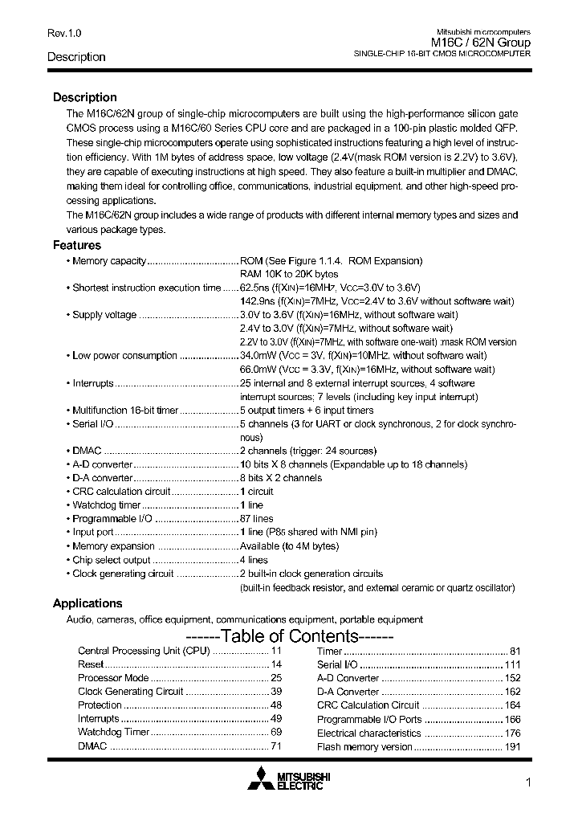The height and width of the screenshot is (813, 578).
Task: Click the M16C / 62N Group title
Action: pyautogui.click(x=481, y=43)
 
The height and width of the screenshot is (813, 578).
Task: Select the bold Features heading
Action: pyautogui.click(x=77, y=245)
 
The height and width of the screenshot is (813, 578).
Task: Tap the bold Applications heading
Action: pyautogui.click(x=88, y=603)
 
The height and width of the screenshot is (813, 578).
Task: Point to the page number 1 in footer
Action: pyautogui.click(x=527, y=783)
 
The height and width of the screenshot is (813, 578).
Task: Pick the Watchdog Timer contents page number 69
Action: pyautogui.click(x=275, y=733)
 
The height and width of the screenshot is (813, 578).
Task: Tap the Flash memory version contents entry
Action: pyautogui.click(x=364, y=746)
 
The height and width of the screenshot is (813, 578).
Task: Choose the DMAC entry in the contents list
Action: pyautogui.click(x=92, y=746)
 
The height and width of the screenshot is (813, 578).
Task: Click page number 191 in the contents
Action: pyautogui.click(x=512, y=746)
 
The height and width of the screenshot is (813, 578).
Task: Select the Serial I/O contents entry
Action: pyautogui.click(x=337, y=664)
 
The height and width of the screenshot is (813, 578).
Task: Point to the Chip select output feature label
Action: pyautogui.click(x=112, y=560)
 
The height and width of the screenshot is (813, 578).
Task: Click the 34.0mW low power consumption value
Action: pyautogui.click(x=257, y=355)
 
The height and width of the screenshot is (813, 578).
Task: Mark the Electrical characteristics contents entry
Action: pyautogui.click(x=368, y=733)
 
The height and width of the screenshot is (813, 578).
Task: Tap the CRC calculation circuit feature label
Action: pyautogui.click(x=121, y=492)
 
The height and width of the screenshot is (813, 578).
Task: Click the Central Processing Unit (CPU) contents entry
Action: pyautogui.click(x=143, y=651)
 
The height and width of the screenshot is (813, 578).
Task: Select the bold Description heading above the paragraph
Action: pyautogui.click(x=84, y=97)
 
